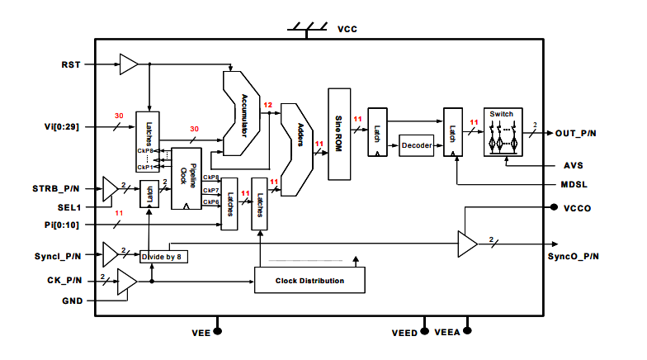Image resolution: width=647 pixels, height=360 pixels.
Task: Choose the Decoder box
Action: [416, 146]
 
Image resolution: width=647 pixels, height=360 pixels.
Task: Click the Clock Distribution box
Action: [309, 281]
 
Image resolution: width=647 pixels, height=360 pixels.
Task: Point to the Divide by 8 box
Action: [165, 257]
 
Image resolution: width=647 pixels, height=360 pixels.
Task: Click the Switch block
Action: [503, 131]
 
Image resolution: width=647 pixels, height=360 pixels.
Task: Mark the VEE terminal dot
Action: [219, 332]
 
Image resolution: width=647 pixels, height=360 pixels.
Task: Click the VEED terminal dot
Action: [425, 332]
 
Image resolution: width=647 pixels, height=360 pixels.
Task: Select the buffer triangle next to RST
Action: [128, 64]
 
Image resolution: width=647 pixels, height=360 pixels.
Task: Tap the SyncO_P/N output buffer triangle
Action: [468, 244]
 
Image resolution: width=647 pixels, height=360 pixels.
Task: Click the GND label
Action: [72, 301]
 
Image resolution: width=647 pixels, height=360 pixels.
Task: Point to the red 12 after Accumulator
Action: [267, 106]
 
